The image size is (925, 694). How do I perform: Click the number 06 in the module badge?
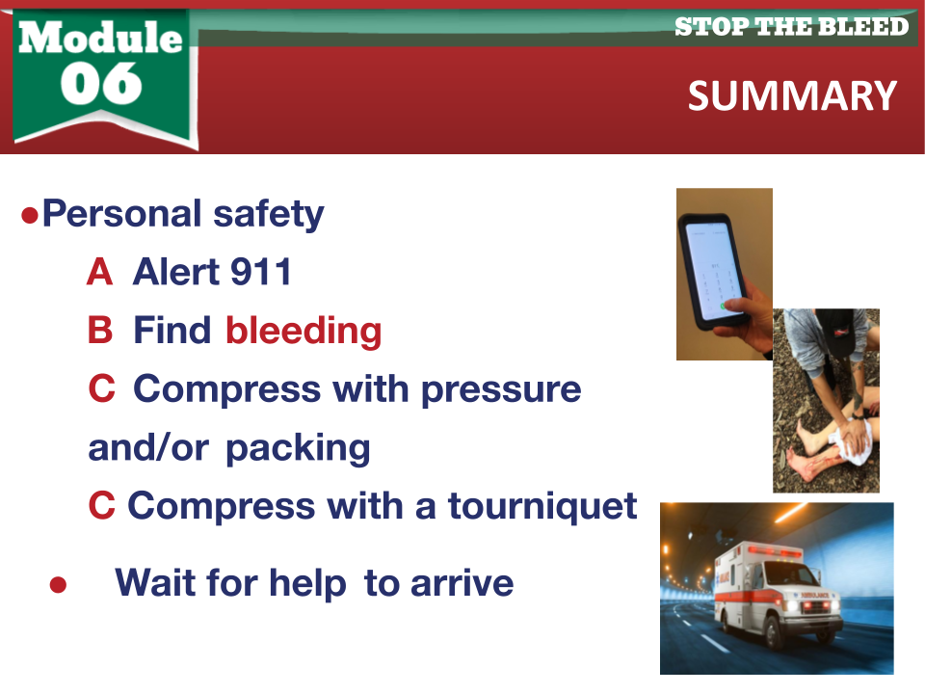(x=101, y=83)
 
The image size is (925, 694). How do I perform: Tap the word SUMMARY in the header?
(x=792, y=96)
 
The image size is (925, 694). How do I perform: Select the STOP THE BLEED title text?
(x=792, y=27)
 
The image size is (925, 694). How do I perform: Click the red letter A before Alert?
(x=99, y=272)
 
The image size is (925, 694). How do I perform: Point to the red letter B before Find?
(x=100, y=330)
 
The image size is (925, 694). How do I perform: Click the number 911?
(x=261, y=272)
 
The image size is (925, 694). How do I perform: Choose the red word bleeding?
(x=304, y=331)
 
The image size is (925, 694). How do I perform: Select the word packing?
(x=298, y=449)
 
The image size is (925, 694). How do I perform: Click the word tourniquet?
(x=542, y=507)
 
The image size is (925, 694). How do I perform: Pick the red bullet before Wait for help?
(x=58, y=585)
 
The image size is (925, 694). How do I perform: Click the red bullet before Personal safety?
(x=30, y=215)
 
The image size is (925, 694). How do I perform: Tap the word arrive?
(x=462, y=584)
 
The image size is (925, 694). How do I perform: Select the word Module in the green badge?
(x=100, y=38)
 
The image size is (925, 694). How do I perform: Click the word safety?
(x=269, y=214)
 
